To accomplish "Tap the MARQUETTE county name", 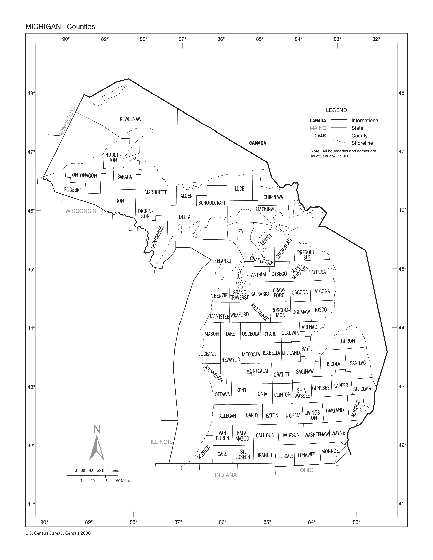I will click(156, 192).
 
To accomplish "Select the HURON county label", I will click(348, 341).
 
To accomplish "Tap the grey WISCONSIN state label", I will click(81, 211).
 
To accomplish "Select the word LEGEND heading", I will click(336, 110).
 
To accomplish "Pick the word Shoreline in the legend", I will click(362, 143).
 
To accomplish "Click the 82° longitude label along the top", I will click(376, 39).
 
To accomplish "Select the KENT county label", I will click(241, 390).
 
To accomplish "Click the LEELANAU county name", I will click(222, 261).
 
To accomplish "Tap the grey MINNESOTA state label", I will click(68, 120).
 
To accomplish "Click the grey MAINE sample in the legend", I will click(318, 128).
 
